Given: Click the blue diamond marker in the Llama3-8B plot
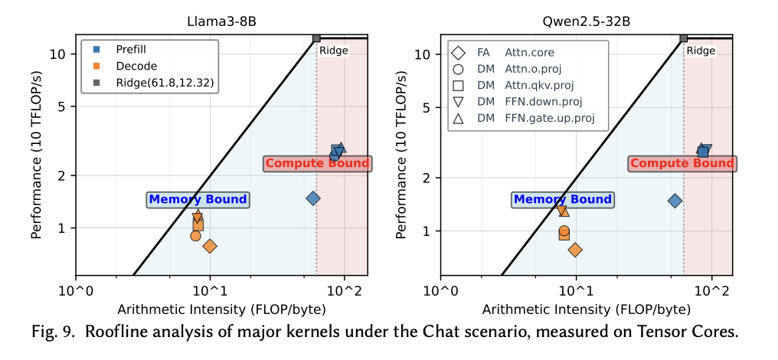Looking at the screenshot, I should pos(312,198).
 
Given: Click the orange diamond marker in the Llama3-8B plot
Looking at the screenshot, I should pos(209,246).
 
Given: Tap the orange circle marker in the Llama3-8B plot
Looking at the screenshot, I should pos(196,235).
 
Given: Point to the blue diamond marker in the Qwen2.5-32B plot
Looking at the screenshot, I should pos(675,201).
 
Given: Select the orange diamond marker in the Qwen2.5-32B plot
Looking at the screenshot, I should pos(575,250).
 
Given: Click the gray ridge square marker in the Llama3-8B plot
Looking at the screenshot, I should pos(316,38).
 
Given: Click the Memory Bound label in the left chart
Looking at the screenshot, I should pos(198,200).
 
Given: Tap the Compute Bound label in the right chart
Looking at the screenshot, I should pos(682,163).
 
